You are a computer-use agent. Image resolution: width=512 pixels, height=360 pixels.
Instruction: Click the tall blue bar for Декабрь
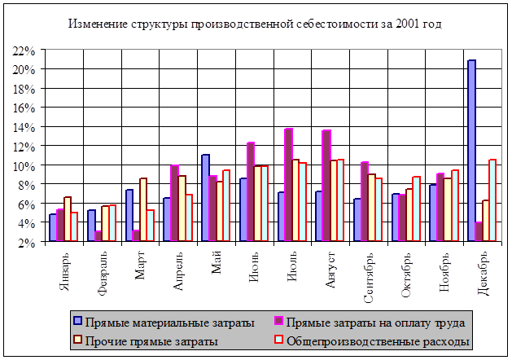point(471,151)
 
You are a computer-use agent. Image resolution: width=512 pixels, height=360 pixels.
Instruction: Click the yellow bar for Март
point(143,209)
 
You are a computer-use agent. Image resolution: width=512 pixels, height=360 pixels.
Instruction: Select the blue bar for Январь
point(52,227)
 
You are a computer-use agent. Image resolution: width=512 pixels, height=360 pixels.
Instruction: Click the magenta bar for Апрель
point(174,203)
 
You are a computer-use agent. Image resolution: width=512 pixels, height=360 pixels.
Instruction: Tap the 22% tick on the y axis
point(23,50)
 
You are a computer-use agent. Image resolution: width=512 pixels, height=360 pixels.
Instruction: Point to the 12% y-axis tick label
point(23,147)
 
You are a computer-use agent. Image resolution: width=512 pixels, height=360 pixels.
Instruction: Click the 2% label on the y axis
point(25,242)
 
